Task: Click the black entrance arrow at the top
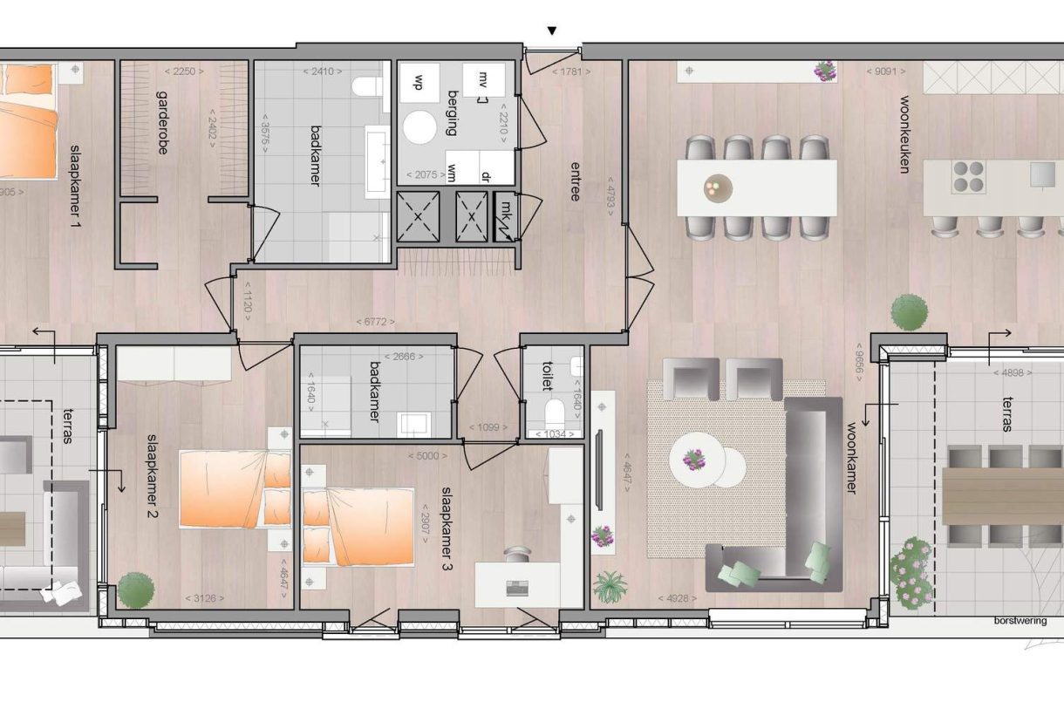click(x=551, y=31)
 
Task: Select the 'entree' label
click(x=576, y=181)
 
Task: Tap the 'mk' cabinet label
click(x=506, y=208)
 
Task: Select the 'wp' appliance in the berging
click(x=419, y=82)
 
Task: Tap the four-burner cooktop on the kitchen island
click(x=968, y=178)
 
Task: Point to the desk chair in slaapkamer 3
click(x=518, y=556)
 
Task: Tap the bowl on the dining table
click(x=719, y=187)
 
